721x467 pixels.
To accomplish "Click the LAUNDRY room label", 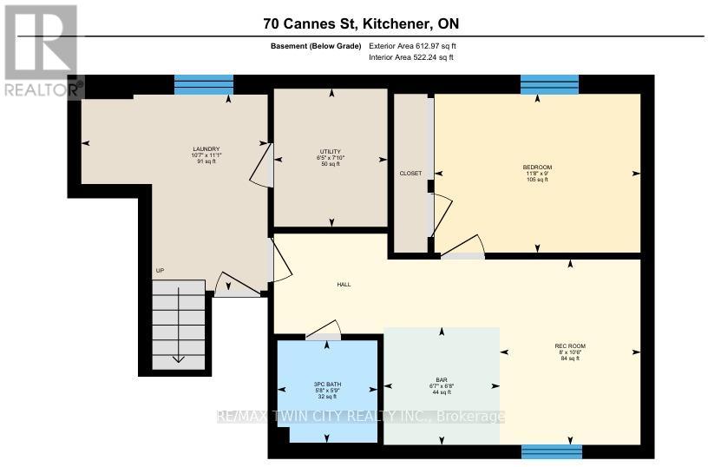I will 206,148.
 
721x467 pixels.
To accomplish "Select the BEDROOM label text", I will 537,167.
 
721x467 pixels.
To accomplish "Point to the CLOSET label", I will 410,174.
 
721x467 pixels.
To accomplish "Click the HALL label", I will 344,284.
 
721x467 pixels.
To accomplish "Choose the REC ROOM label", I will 570,346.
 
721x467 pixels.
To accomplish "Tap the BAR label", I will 442,379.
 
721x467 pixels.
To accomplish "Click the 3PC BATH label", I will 326,383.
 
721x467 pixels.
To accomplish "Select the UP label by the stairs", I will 160,271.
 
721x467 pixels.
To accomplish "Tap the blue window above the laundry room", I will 204,84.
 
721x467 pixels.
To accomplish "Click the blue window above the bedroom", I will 549,84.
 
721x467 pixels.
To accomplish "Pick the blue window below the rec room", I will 552,451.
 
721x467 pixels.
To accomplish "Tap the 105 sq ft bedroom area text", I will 537,181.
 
